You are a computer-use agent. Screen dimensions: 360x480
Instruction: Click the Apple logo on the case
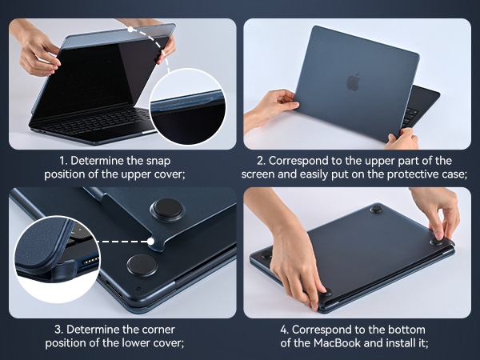353,82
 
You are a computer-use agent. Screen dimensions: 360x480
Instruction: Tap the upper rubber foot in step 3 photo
167,210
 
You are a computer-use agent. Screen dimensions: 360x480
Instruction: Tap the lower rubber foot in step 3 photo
142,265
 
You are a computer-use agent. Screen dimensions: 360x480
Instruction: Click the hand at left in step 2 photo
268,108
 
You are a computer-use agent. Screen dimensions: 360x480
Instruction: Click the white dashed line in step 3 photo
124,238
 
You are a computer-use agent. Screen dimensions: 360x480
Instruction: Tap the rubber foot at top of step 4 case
376,209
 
